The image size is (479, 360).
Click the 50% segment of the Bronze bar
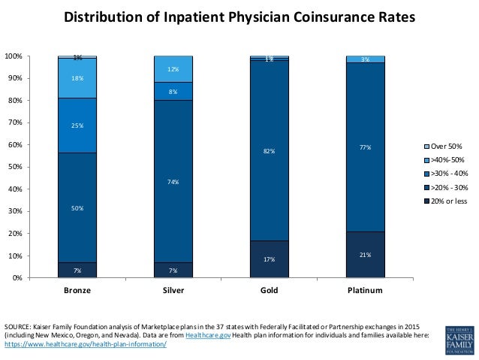(77, 207)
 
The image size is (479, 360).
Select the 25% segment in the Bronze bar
(77, 126)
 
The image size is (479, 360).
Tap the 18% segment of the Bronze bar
(77, 78)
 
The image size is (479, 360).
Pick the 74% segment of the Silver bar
(173, 182)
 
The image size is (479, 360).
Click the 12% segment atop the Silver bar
(173, 69)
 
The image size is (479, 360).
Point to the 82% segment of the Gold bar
(269, 152)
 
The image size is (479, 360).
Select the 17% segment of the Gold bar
(269, 259)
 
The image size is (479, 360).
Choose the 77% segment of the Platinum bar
(365, 147)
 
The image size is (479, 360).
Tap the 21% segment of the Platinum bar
(365, 255)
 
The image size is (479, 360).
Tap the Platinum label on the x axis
(365, 290)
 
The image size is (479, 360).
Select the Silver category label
(173, 290)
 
